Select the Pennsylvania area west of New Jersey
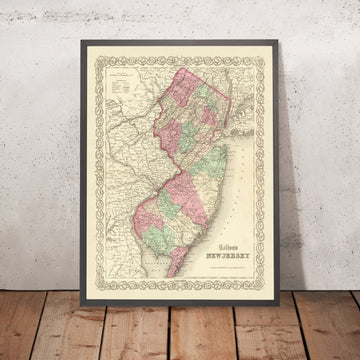[x=125, y=150]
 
